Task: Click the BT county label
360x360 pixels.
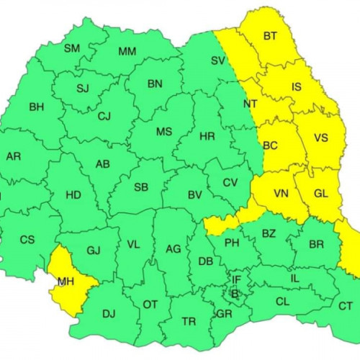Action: click(270, 35)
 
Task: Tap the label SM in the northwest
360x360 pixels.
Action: click(72, 48)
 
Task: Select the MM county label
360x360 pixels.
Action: click(127, 51)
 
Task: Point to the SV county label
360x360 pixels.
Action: click(218, 60)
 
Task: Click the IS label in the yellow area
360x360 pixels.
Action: click(296, 87)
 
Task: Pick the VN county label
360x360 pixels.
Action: click(281, 192)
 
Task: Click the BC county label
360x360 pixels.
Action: click(271, 145)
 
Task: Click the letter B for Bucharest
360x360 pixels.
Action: click(234, 293)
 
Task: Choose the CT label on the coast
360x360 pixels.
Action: click(346, 305)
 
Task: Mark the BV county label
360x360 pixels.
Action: click(194, 194)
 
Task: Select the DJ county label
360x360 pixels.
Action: click(109, 313)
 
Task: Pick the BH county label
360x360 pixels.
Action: click(36, 107)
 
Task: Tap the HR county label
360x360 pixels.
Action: click(207, 135)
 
